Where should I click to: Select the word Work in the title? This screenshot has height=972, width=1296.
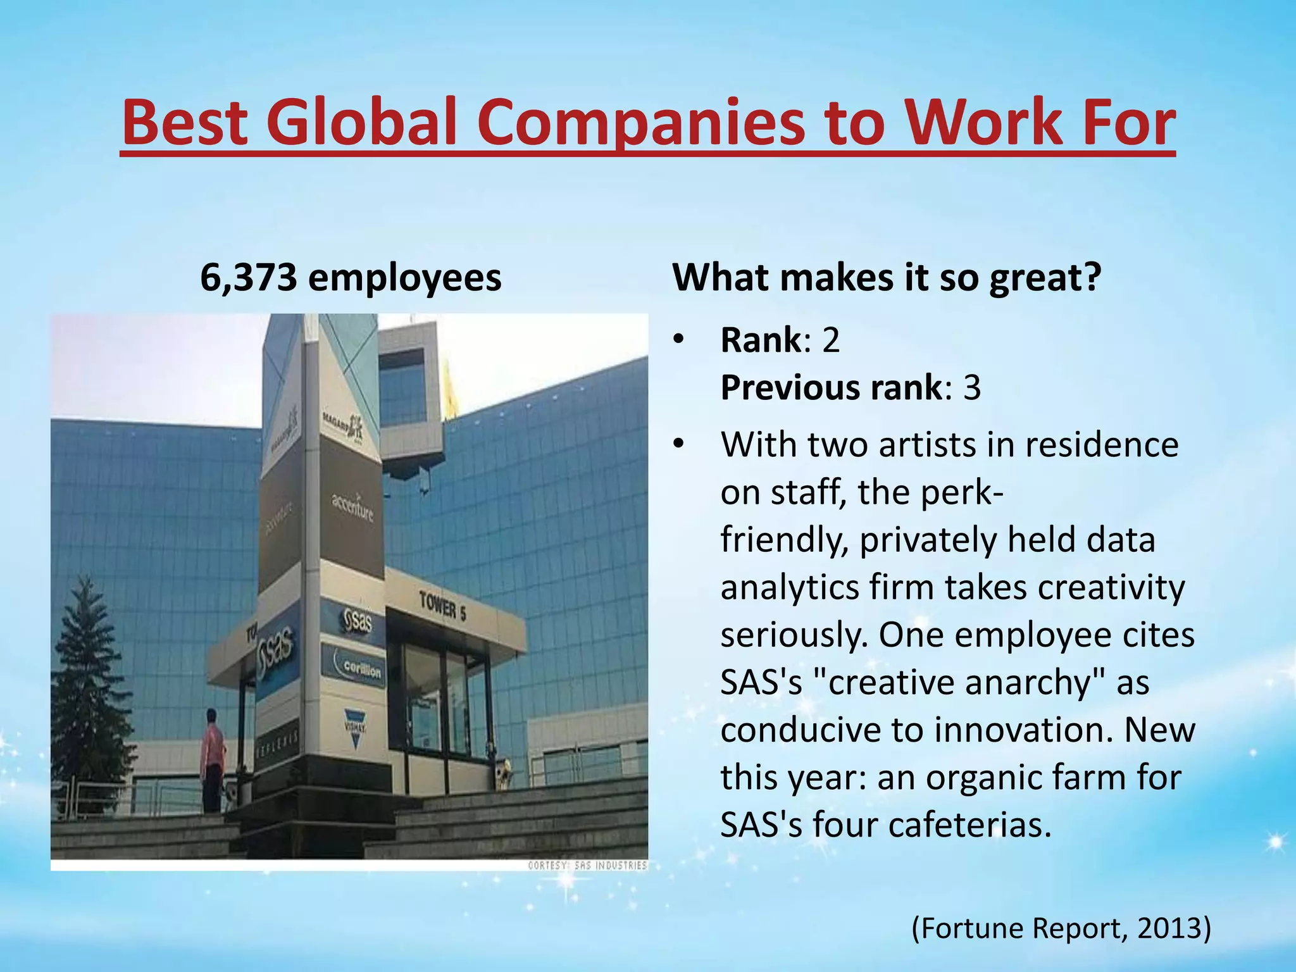point(957,121)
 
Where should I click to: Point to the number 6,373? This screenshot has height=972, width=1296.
point(248,278)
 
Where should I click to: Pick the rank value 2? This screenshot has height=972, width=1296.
point(831,340)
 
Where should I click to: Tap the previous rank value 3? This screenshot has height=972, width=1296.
point(971,388)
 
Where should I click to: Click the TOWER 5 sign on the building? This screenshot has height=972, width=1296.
point(442,605)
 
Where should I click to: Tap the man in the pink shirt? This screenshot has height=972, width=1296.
point(213,759)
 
